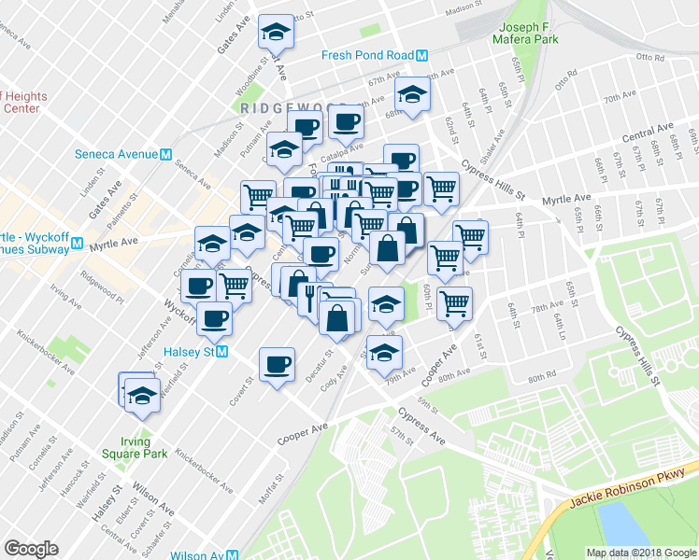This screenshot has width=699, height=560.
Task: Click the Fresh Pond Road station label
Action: click(x=367, y=55)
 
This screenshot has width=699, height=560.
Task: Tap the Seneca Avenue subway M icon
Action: click(x=165, y=154)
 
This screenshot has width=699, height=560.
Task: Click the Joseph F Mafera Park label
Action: click(x=534, y=34)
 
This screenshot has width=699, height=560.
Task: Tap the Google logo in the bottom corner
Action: click(x=31, y=549)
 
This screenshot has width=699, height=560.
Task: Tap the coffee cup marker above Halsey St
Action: click(x=214, y=318)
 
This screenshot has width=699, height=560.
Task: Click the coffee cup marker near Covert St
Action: click(x=277, y=363)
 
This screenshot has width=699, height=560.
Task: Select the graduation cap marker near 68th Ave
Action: click(x=413, y=92)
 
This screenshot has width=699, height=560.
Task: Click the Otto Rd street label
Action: click(x=649, y=58)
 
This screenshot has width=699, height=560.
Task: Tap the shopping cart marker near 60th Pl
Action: click(x=454, y=301)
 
